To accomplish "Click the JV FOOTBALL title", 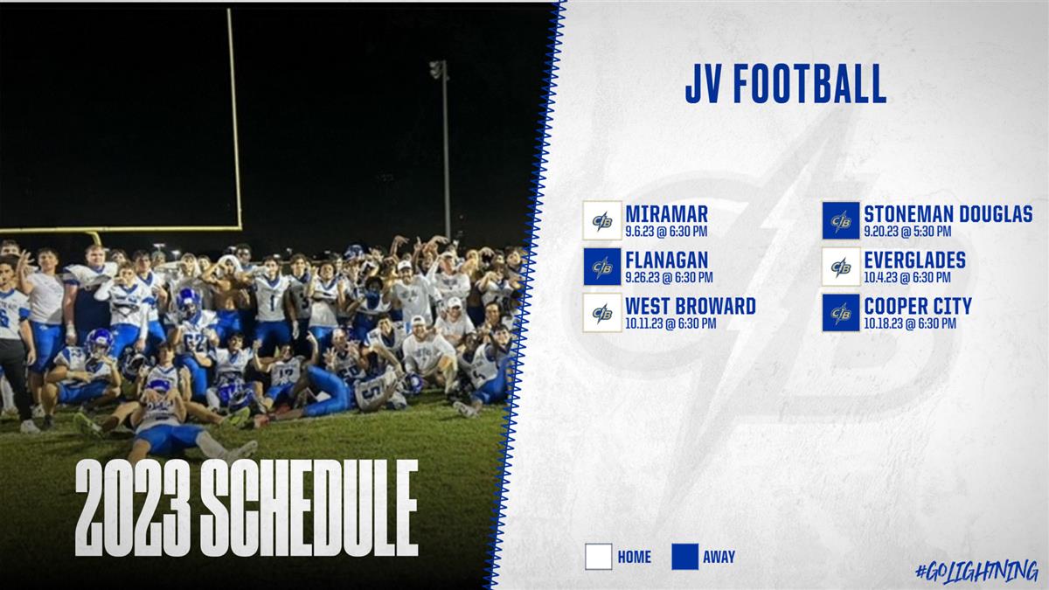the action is point(785,84).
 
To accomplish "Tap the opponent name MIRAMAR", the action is point(666,214).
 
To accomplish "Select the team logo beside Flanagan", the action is point(602,267).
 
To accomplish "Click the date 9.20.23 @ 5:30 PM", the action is point(907,232).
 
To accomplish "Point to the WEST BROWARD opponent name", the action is point(691,306).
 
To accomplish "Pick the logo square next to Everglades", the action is point(841,267).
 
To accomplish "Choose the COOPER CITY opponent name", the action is point(918,306).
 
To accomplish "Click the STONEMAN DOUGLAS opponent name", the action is point(948,214).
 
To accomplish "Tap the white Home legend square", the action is point(599,557).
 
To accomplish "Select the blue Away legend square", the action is point(685,557).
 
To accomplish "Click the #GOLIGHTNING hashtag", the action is point(977,572).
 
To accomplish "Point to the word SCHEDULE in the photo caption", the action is point(309,508).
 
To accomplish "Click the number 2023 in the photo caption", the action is point(133,508).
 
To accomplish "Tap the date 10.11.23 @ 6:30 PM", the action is point(670,323).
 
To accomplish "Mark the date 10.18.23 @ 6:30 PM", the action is point(910,323).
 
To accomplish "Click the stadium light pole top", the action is point(438,69).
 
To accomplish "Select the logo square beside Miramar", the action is point(602,220).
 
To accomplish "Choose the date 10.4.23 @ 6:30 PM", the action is point(907,278).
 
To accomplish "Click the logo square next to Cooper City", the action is point(841,312).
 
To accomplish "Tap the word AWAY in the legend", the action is point(719,558).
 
